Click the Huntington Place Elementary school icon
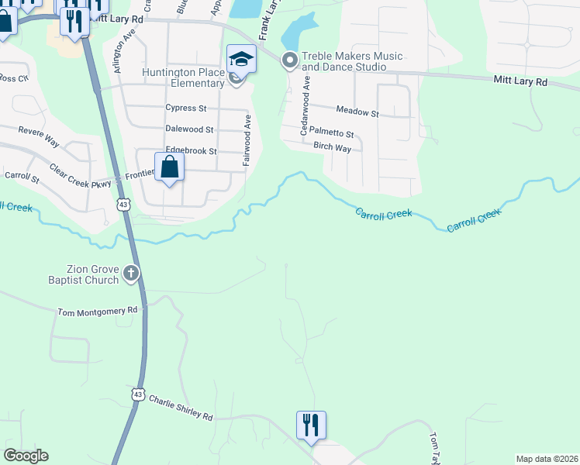(x=241, y=60)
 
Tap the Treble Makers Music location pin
(x=290, y=60)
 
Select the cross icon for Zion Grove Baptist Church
(x=131, y=272)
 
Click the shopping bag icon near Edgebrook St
(x=170, y=167)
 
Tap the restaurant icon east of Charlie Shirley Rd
(x=311, y=425)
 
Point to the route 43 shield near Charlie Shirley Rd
(x=138, y=394)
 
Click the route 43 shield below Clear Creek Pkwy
(x=123, y=204)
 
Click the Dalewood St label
(x=189, y=129)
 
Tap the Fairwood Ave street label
(x=247, y=141)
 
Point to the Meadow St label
(x=357, y=113)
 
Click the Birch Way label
(x=332, y=146)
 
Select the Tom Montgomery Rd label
(x=98, y=311)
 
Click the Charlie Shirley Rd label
(x=181, y=405)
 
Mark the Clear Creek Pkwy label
(x=81, y=179)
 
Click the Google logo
(x=26, y=456)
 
